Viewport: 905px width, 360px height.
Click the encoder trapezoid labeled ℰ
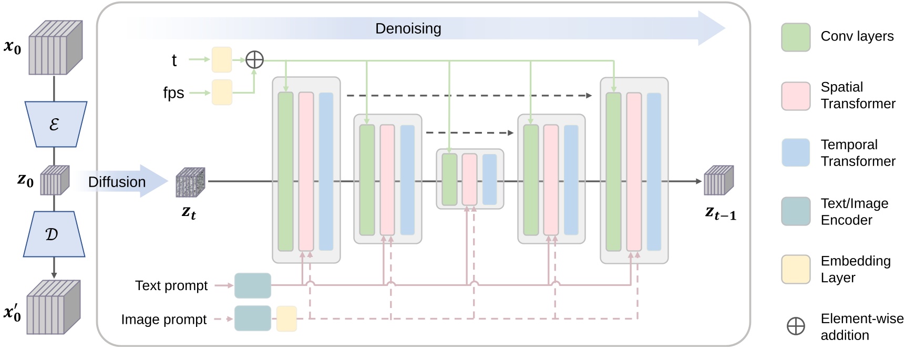point(55,124)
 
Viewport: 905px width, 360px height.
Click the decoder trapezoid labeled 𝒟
point(54,234)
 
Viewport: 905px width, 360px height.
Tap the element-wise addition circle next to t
point(254,60)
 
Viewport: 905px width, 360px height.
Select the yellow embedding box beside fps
point(222,92)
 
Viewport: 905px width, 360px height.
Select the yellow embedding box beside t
point(222,60)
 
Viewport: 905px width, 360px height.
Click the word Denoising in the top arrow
point(408,28)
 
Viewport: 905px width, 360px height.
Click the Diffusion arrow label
point(117,182)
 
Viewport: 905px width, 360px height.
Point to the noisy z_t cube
point(190,182)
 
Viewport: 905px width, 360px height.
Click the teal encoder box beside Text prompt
point(253,285)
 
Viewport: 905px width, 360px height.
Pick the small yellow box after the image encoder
point(286,318)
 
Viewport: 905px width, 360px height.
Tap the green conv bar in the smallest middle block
point(449,179)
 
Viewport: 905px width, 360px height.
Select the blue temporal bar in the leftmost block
point(326,171)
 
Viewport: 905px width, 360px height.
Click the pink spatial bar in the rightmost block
point(634,171)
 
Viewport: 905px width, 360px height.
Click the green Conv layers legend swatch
point(795,37)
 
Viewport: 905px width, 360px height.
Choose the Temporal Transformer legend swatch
point(795,152)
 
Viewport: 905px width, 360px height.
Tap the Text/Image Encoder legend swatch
point(795,211)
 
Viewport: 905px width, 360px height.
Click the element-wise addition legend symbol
point(795,326)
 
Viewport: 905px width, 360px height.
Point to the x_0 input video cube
point(55,48)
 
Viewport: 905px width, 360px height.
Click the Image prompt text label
point(163,320)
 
